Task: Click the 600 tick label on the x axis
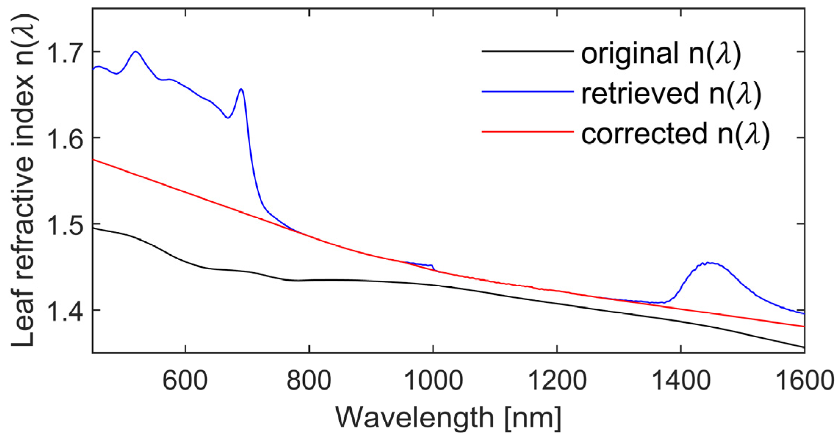point(185,381)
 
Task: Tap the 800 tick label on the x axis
point(309,381)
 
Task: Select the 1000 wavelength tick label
point(433,381)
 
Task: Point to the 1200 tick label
point(557,381)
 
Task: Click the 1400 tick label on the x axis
point(681,381)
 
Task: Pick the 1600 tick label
point(805,381)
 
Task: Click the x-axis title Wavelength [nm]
point(448,418)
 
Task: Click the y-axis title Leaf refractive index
point(23,180)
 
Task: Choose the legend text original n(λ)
point(661,54)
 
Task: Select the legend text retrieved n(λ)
point(671,94)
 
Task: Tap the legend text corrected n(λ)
point(675,134)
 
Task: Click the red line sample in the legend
point(527,132)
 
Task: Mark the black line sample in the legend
point(527,51)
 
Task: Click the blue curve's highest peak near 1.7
point(136,52)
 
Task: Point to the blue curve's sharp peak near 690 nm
point(241,89)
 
